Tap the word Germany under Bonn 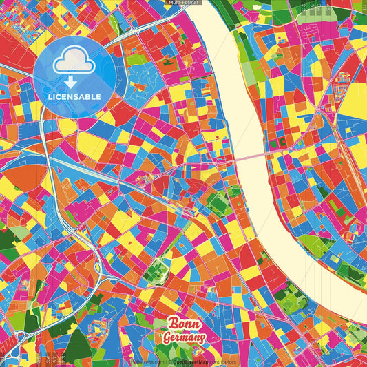tap(184, 337)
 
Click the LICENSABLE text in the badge tap(74, 96)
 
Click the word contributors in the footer tap(223, 361)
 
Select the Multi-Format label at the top tap(183, 3)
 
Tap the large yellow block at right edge tap(355, 100)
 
